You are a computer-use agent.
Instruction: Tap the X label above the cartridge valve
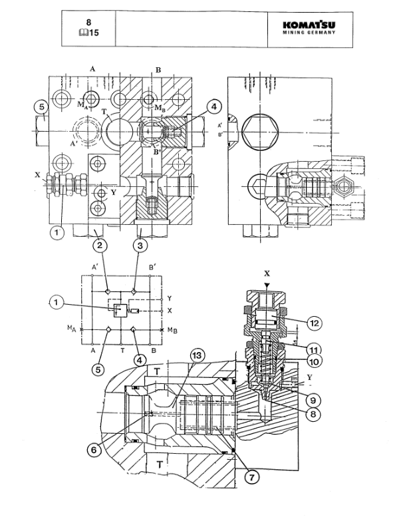pyautogui.click(x=267, y=273)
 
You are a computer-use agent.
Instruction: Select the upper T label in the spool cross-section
pyautogui.click(x=157, y=371)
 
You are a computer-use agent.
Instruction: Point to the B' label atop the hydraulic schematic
pyautogui.click(x=154, y=267)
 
